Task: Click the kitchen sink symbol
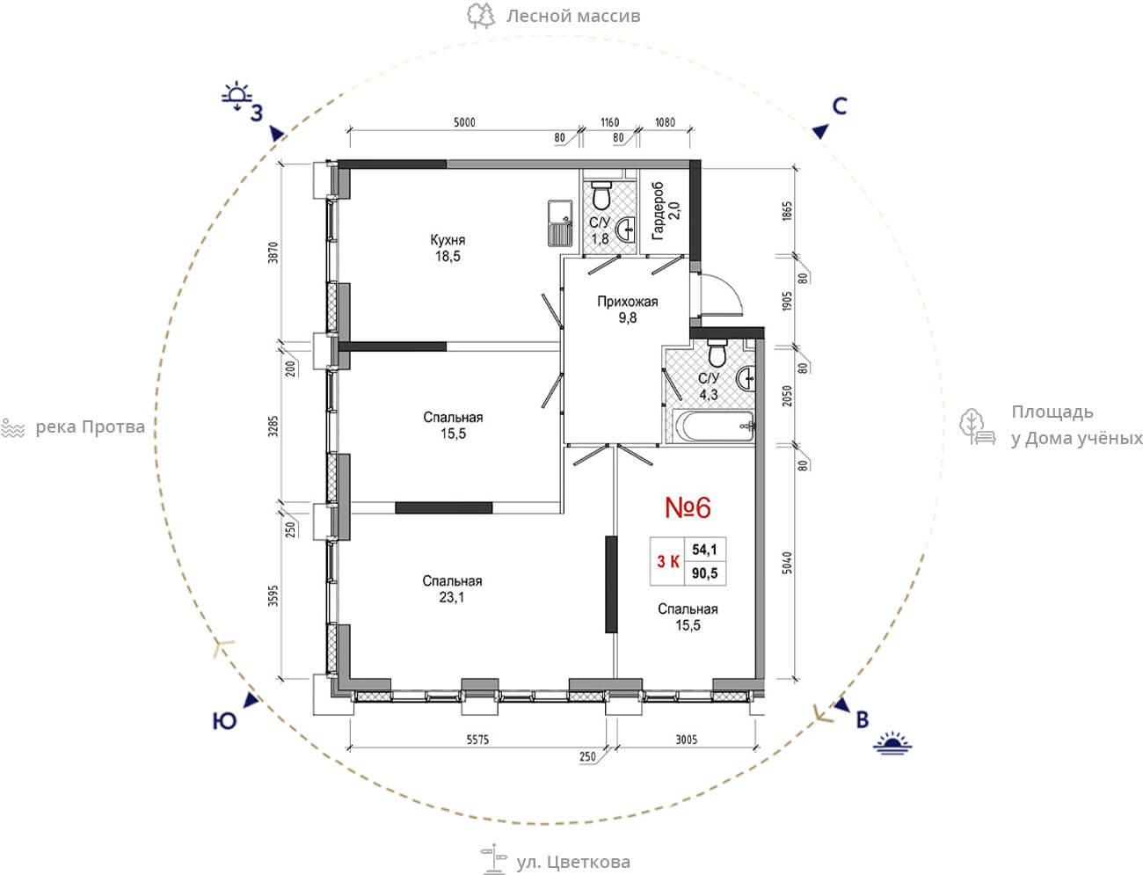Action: (x=560, y=222)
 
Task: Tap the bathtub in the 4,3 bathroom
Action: (x=713, y=427)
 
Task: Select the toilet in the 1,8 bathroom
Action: (x=602, y=195)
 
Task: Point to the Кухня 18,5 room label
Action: (x=448, y=248)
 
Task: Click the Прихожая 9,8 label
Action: (x=628, y=310)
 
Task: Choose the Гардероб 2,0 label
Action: (x=666, y=211)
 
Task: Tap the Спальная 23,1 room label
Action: (x=452, y=588)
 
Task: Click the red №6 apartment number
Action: (x=688, y=507)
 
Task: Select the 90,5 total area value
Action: (x=704, y=573)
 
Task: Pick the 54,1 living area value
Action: (x=704, y=550)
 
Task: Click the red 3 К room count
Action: (x=668, y=561)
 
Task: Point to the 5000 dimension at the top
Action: (x=464, y=122)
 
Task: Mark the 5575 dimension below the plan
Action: (x=477, y=740)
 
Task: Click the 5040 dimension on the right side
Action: (x=787, y=563)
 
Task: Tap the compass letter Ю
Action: (x=224, y=721)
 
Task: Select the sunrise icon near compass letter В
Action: (x=892, y=743)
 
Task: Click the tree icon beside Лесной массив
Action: (x=481, y=16)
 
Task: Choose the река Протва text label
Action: (x=90, y=427)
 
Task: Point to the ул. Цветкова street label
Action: (x=572, y=862)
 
